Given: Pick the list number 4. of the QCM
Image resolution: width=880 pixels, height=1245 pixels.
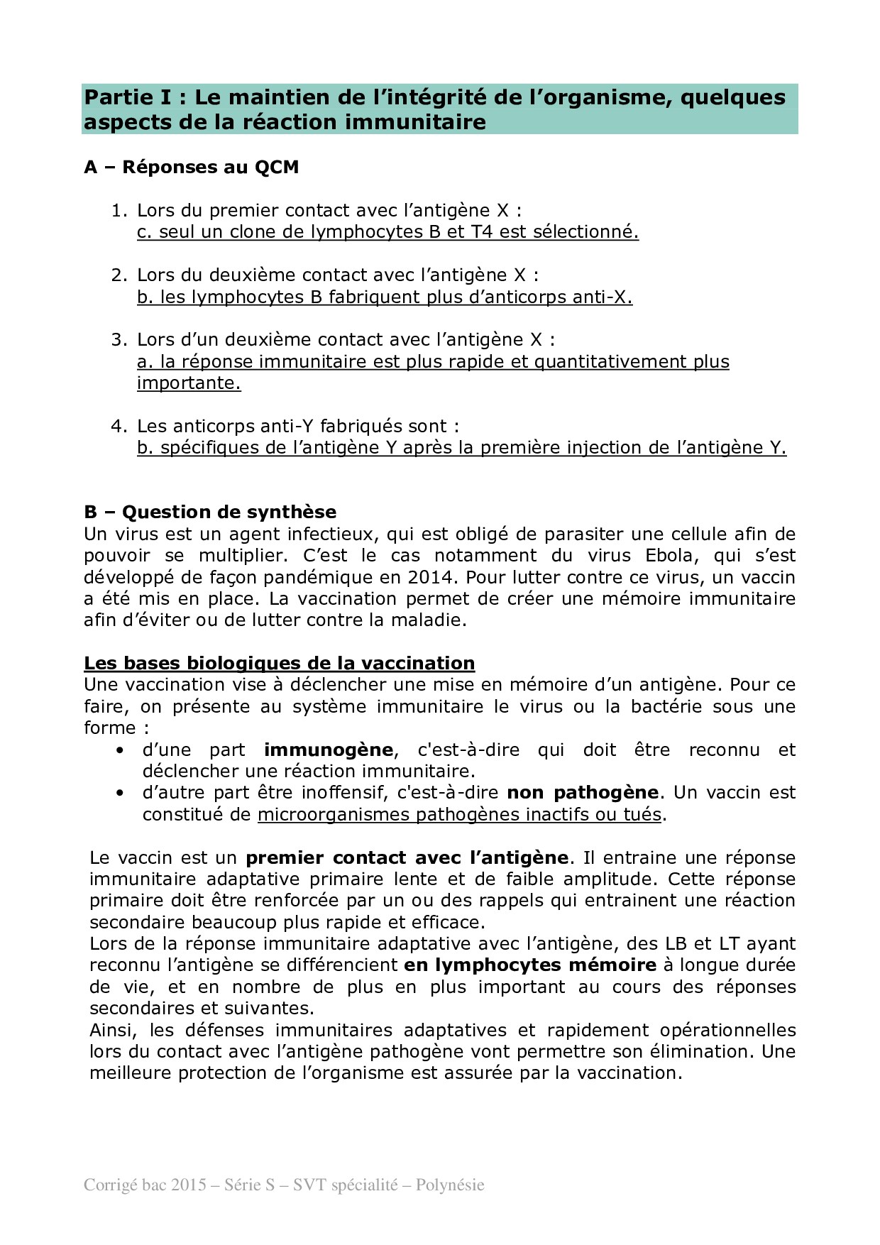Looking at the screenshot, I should click(x=119, y=426).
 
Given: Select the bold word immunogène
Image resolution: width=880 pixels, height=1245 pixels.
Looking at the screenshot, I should click(x=328, y=750).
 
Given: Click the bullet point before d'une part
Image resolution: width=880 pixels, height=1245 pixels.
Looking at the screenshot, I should click(x=120, y=750).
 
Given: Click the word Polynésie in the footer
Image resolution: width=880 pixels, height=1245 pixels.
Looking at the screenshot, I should click(x=450, y=1185).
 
